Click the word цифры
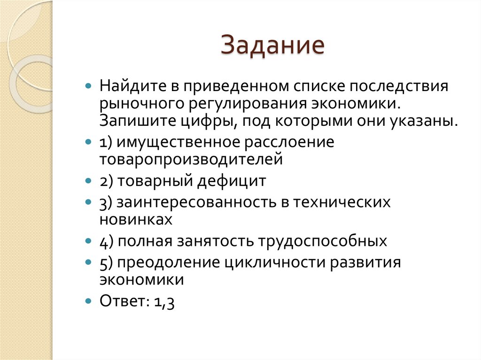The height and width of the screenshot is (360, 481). click(x=205, y=121)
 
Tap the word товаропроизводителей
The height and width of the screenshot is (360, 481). click(x=191, y=159)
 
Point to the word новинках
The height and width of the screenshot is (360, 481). click(x=135, y=219)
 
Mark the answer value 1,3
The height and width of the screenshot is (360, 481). click(x=164, y=301)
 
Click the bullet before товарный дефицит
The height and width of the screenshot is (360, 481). click(x=88, y=181)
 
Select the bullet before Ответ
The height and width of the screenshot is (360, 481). click(x=88, y=301)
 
